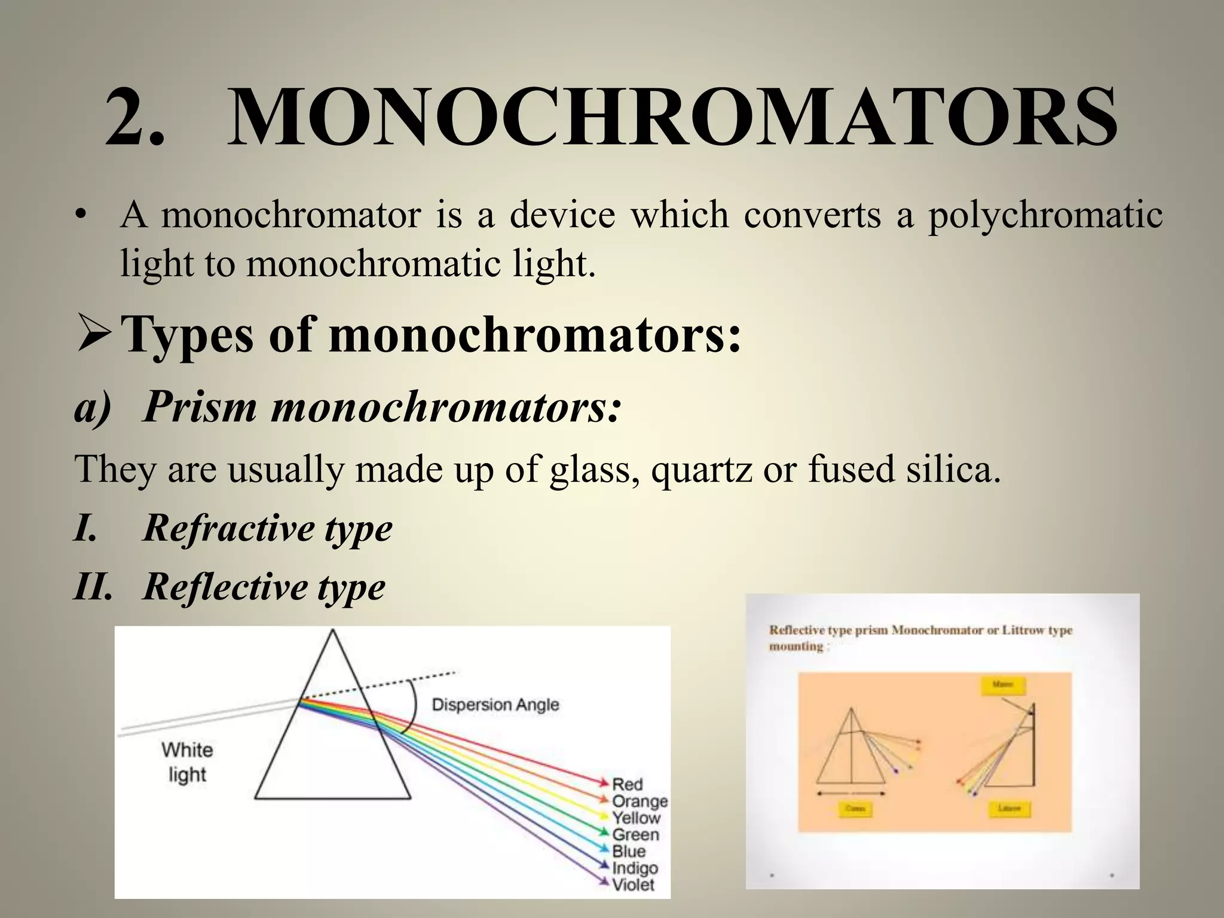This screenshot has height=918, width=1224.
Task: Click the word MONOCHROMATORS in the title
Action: [x=672, y=117]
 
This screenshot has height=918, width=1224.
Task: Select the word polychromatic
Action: [x=1045, y=215]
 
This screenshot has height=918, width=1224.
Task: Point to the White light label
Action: [x=187, y=762]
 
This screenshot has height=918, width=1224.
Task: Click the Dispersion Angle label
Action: [x=495, y=705]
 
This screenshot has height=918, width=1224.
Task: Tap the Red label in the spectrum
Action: [x=627, y=784]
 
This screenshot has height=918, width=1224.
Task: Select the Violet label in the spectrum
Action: [x=633, y=885]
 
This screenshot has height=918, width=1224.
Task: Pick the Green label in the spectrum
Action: [x=635, y=834]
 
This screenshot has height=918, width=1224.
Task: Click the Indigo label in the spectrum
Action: [x=635, y=868]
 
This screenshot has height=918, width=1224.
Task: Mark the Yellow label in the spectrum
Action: [x=636, y=818]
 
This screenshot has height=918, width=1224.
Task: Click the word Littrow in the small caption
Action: [x=1019, y=630]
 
